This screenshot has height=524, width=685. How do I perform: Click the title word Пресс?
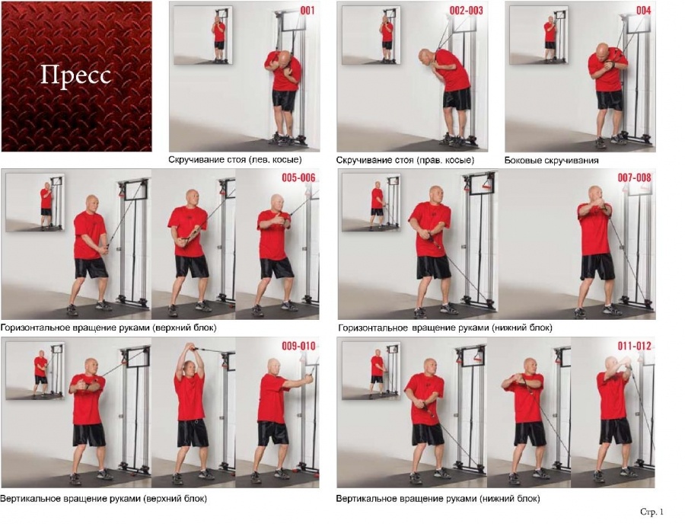click(75, 76)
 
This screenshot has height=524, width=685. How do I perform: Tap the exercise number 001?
click(307, 10)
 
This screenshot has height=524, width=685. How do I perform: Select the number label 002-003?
click(466, 10)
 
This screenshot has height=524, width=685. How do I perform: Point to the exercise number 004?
click(643, 10)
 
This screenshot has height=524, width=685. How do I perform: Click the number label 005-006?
click(298, 178)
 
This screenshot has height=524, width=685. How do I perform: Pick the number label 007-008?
click(634, 178)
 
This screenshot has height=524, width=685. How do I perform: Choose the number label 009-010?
click(298, 346)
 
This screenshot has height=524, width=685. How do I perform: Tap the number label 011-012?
click(634, 346)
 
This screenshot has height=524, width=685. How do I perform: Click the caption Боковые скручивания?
click(551, 161)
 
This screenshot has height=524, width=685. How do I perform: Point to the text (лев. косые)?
click(276, 160)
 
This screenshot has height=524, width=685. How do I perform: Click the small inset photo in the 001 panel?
click(202, 35)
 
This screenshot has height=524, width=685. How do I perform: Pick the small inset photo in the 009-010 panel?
click(35, 371)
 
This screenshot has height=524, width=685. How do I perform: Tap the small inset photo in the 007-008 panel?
click(371, 203)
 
